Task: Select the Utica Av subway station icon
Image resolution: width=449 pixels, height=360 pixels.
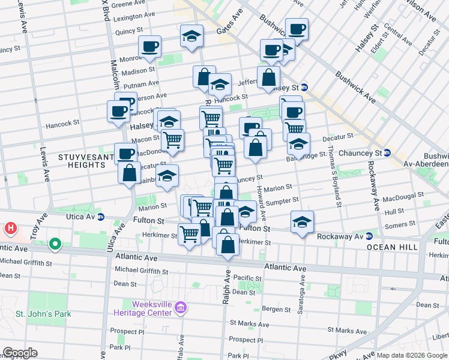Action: coord(100,217)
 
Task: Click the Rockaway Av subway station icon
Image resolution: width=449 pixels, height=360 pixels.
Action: coord(369,236)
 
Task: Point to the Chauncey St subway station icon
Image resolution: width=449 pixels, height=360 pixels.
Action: coord(387,153)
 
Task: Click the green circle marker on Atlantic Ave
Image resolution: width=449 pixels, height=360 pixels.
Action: coord(55,244)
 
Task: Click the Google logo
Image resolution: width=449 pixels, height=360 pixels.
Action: coord(20,353)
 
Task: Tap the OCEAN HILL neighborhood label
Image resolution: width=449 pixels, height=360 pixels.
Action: coord(394,247)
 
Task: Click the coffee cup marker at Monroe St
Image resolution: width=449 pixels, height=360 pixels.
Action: coord(149,46)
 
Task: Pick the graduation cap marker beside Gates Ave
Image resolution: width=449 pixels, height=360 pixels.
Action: coord(191,37)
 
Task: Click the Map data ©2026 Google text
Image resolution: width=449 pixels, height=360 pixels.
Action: coord(412,355)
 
